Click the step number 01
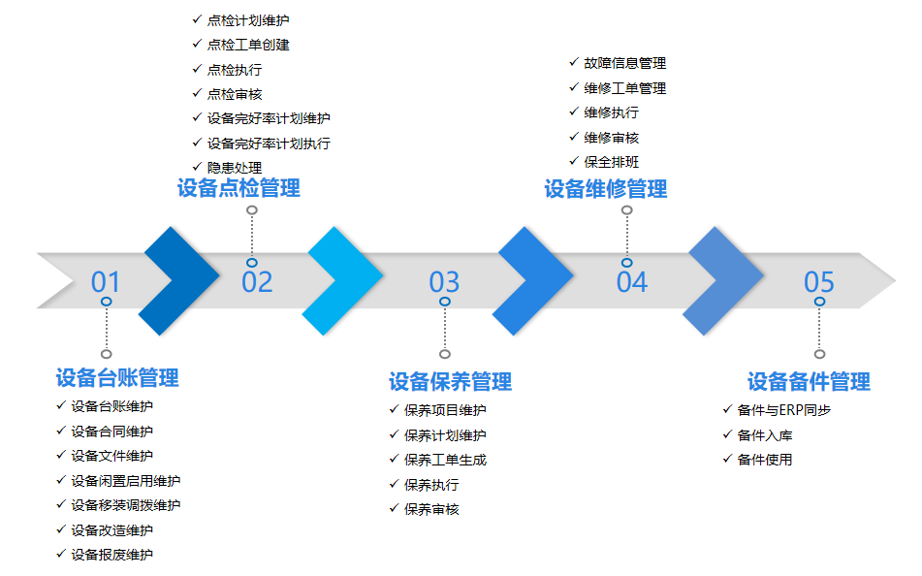point(106,282)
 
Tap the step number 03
point(444,282)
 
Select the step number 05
point(819,282)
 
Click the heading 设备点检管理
point(238,188)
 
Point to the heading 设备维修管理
point(606,189)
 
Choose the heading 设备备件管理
point(809,381)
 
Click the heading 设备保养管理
point(450,381)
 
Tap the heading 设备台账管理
point(117,377)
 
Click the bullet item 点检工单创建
point(248,45)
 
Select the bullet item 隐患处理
point(235,168)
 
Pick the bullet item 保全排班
point(612,162)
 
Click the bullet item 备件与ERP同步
point(784,410)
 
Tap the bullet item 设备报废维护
point(111,555)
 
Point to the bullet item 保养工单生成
point(445,460)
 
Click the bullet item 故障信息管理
point(624,63)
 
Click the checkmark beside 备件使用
point(727,460)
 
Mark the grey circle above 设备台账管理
point(107,354)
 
